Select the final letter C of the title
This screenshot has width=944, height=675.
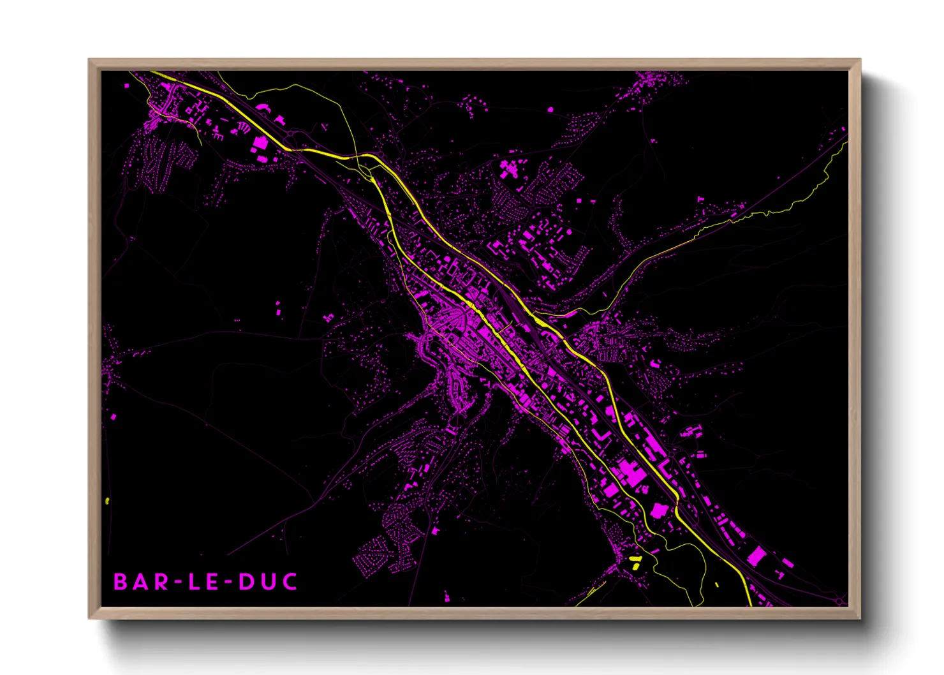coord(290,582)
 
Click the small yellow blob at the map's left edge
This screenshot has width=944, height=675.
coord(107,501)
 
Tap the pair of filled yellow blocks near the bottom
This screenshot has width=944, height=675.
coord(635,562)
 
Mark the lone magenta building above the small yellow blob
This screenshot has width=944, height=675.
coord(114,417)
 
